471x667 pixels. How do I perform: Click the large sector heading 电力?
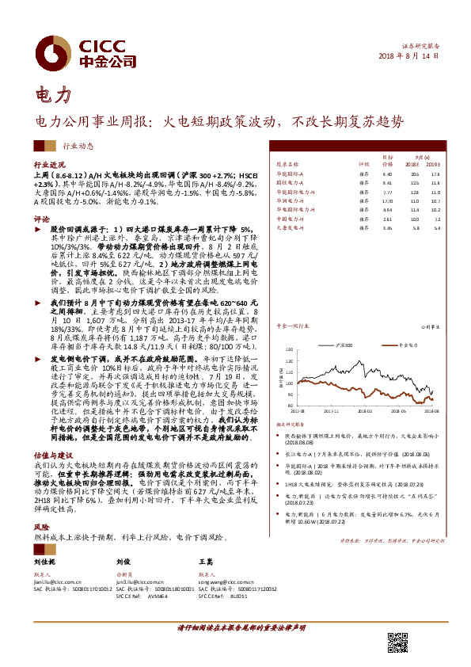click(x=54, y=94)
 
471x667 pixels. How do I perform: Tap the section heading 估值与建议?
click(x=51, y=455)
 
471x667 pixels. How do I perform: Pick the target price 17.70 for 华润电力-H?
click(x=387, y=201)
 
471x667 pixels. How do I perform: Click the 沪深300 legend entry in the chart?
click(x=348, y=346)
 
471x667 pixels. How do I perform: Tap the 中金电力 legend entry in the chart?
click(x=405, y=346)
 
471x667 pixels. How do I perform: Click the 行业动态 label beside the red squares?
click(x=78, y=147)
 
